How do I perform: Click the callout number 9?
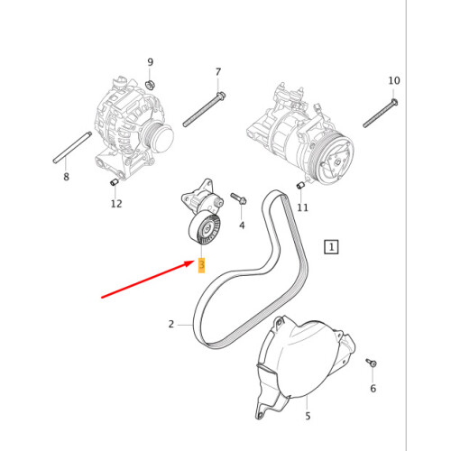point(151,62)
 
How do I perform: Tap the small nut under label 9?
point(151,84)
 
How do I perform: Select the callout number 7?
point(217,71)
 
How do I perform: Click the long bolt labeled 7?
point(203,109)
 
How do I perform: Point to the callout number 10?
point(393,81)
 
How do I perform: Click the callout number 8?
point(66,178)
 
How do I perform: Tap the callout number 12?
point(116,204)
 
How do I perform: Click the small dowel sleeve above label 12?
point(115,183)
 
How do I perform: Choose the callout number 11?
point(302,207)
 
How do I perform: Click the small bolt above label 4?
point(238,197)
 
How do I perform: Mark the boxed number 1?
point(332,245)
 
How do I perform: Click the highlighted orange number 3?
point(202,265)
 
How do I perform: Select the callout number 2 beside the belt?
point(170,324)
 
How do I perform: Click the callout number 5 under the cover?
point(307,416)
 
